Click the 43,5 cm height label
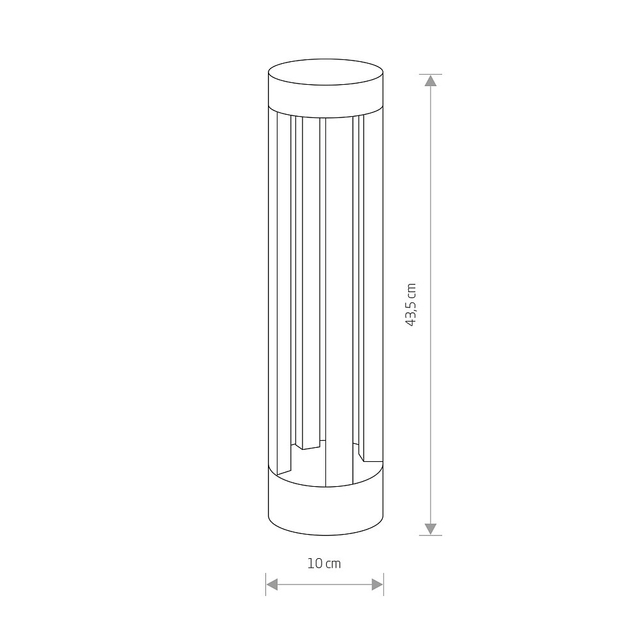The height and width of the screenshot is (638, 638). point(412,304)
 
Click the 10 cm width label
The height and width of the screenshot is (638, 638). point(324,563)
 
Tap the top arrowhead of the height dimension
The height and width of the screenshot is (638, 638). point(431,80)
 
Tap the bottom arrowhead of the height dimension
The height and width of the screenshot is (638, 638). point(431,529)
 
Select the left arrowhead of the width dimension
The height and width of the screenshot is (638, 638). point(272,584)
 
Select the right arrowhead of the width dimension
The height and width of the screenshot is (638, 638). point(378,584)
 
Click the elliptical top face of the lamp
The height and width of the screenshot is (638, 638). point(325,72)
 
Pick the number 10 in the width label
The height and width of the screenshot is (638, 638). point(314,563)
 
